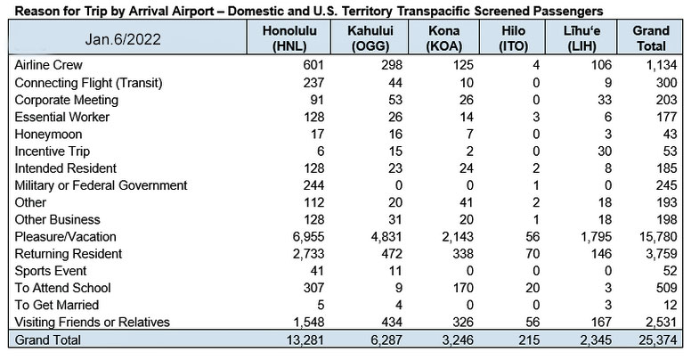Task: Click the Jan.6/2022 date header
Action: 123,39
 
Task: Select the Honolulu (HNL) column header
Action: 289,38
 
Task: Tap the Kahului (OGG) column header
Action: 370,38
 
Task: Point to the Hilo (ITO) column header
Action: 514,38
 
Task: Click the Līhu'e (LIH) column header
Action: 581,38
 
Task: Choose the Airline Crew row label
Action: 48,65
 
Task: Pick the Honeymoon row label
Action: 48,135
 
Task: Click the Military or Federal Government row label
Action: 101,185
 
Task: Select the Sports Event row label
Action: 51,271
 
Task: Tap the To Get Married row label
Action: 57,305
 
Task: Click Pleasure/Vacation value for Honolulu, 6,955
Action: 308,237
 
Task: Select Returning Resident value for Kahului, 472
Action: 392,254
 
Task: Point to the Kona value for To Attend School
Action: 463,288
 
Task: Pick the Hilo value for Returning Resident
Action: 532,254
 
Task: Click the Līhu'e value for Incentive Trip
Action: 605,151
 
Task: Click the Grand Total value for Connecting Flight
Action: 666,83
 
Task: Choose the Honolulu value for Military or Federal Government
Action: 313,185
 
